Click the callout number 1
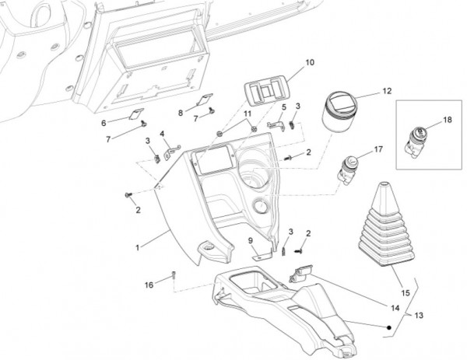[x=137, y=246]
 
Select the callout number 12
[x=387, y=92]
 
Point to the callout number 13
[x=419, y=316]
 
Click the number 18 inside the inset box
[x=446, y=121]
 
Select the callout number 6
[x=104, y=123]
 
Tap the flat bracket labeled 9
[x=264, y=250]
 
